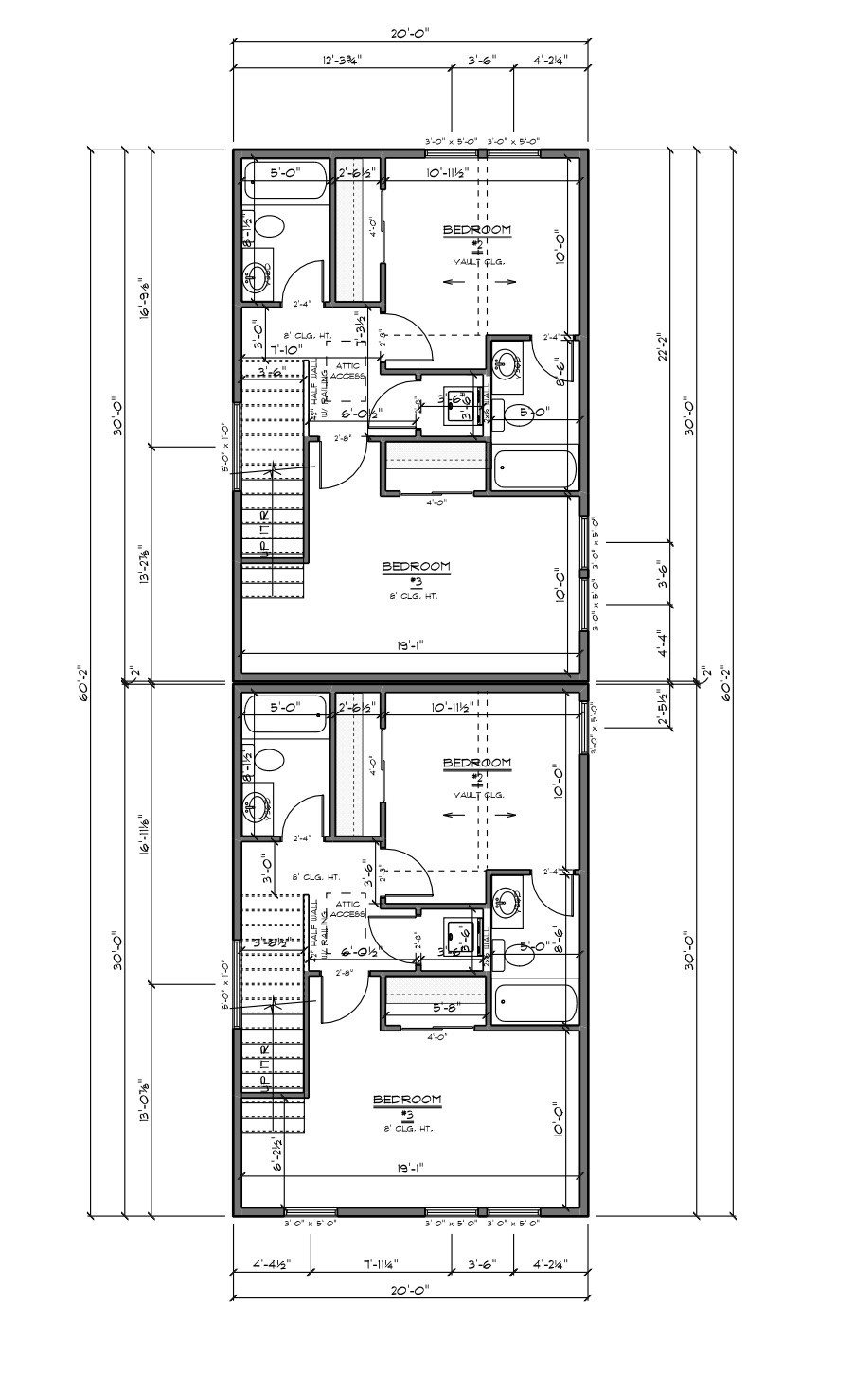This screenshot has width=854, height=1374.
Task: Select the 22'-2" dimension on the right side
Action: [662, 345]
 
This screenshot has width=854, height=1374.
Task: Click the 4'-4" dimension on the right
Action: [662, 643]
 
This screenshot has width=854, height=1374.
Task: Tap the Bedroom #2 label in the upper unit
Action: [478, 230]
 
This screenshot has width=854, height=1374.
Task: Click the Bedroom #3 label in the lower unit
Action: [407, 1100]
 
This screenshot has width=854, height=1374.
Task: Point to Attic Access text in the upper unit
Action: [347, 370]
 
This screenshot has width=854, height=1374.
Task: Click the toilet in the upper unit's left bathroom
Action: [270, 226]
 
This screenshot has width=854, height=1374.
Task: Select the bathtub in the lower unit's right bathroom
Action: [535, 1004]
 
